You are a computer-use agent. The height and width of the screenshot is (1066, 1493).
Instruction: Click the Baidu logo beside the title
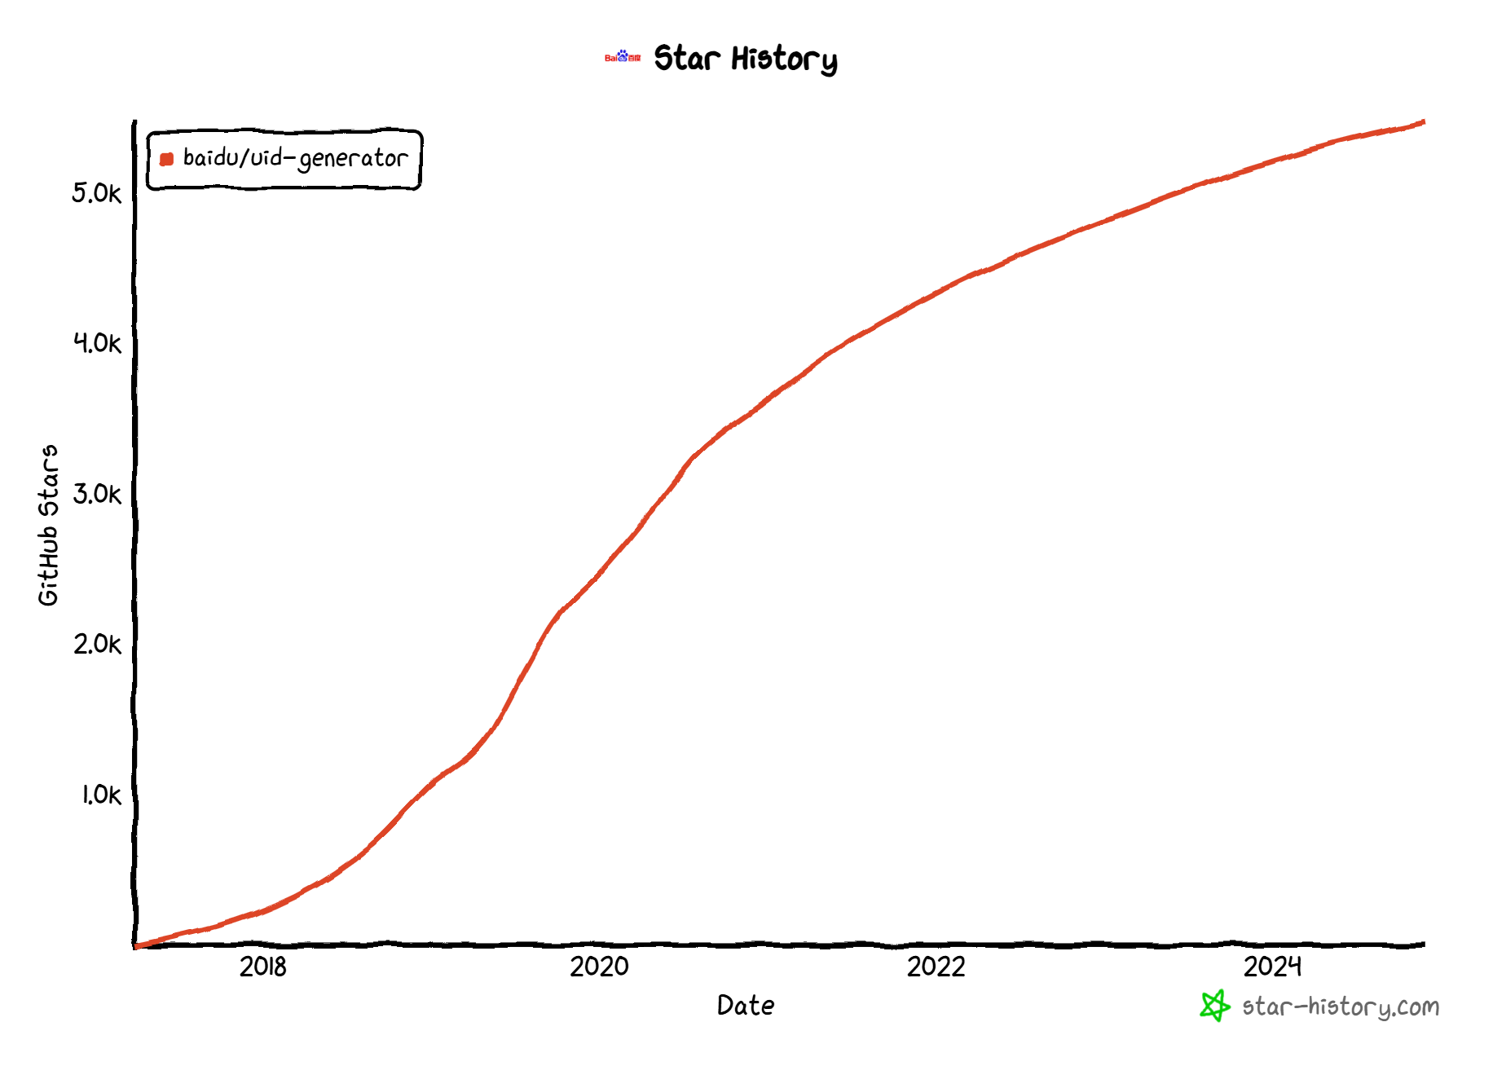tap(623, 57)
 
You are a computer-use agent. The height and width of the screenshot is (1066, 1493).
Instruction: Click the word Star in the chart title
tap(687, 59)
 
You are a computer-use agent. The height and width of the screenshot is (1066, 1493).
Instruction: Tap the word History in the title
tap(784, 60)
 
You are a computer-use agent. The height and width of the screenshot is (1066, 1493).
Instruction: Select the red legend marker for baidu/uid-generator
tap(167, 159)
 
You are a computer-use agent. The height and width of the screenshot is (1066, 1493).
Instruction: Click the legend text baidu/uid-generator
tap(295, 158)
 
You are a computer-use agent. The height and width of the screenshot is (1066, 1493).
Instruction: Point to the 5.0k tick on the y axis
tap(96, 193)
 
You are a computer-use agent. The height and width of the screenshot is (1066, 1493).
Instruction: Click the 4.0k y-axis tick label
tap(96, 343)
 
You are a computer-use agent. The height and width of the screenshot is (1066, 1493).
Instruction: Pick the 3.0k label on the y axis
tap(96, 494)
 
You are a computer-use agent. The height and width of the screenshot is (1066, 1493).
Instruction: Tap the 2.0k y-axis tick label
tap(96, 645)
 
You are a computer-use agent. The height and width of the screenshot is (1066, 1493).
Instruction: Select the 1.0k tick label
tap(100, 795)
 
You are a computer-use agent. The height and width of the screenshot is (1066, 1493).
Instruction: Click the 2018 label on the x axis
tap(262, 967)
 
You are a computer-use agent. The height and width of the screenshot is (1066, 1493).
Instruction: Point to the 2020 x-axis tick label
tap(599, 967)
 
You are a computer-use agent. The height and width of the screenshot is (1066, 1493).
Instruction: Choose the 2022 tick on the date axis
tap(936, 967)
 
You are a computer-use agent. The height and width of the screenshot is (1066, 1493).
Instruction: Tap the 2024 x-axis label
tap(1272, 967)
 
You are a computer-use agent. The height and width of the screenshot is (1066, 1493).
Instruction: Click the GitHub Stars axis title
tap(49, 525)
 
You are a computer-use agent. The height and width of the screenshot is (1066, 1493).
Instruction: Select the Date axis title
tap(746, 1006)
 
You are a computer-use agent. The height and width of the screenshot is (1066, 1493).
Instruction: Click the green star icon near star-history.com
tap(1214, 1006)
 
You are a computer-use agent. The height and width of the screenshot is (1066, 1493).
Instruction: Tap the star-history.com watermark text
tap(1341, 1007)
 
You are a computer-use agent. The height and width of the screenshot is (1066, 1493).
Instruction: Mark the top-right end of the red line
tap(1423, 122)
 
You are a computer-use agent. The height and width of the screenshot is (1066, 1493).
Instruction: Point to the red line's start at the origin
tap(136, 946)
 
